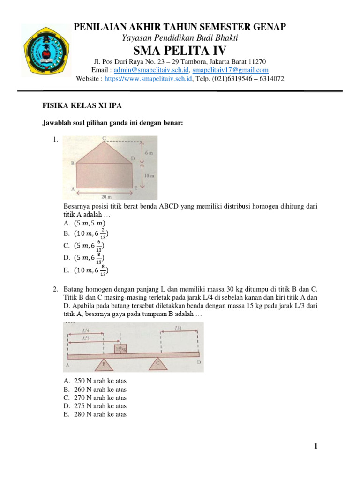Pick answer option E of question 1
(86, 270)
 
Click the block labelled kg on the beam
(121, 348)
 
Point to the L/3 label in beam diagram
(84, 337)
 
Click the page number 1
(316, 447)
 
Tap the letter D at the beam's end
(199, 362)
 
